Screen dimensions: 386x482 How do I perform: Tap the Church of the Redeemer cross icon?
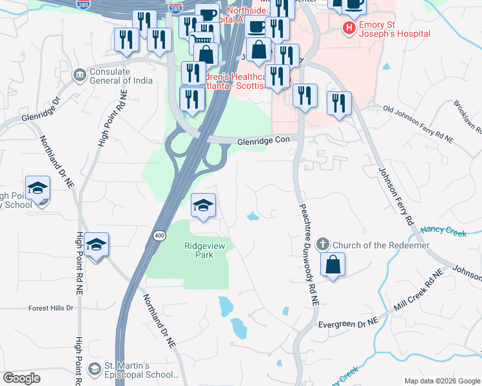(x=323, y=244)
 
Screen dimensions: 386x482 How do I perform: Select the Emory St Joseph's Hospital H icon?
(x=349, y=28)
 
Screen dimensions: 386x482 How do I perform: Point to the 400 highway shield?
(x=159, y=236)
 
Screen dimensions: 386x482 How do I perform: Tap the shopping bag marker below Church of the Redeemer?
(x=333, y=265)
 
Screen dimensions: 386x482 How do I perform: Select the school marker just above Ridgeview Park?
(x=204, y=206)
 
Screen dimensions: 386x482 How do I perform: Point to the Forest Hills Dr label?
(x=51, y=308)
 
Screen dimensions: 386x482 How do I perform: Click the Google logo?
(x=22, y=378)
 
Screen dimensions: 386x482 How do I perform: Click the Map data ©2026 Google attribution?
(x=442, y=380)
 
